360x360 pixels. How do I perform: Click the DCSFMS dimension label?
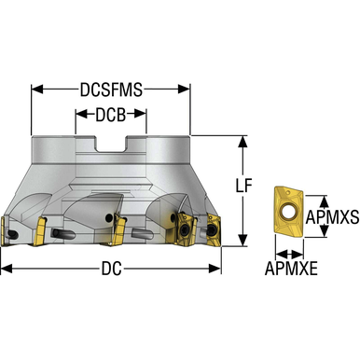click(111, 90)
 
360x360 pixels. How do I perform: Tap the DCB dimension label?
click(111, 115)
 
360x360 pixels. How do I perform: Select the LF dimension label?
click(243, 186)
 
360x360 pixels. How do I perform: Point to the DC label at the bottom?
click(111, 269)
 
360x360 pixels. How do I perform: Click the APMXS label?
click(332, 217)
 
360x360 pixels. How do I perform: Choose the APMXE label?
click(291, 269)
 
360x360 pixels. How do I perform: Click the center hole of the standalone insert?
click(287, 212)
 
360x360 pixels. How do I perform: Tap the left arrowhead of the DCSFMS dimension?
click(37, 90)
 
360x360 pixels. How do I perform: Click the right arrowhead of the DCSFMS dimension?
click(184, 90)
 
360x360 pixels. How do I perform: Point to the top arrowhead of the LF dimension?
click(242, 141)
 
